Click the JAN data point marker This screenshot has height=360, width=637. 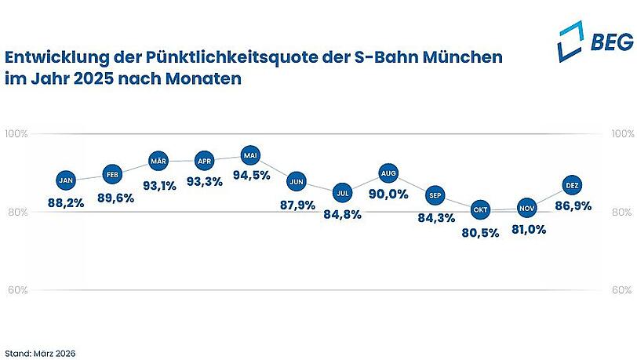pos(66,180)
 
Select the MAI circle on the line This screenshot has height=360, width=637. pos(250,154)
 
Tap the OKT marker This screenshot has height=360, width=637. pos(480,210)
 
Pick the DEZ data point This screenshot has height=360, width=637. pos(572,186)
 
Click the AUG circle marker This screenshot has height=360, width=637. pos(388,173)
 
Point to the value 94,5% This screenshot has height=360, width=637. pos(250,179)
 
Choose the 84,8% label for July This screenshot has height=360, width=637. pos(342,215)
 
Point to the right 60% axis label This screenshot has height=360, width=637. pos(621,290)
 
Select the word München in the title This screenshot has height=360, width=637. pos(460,58)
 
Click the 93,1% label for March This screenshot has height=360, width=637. pos(158,187)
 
